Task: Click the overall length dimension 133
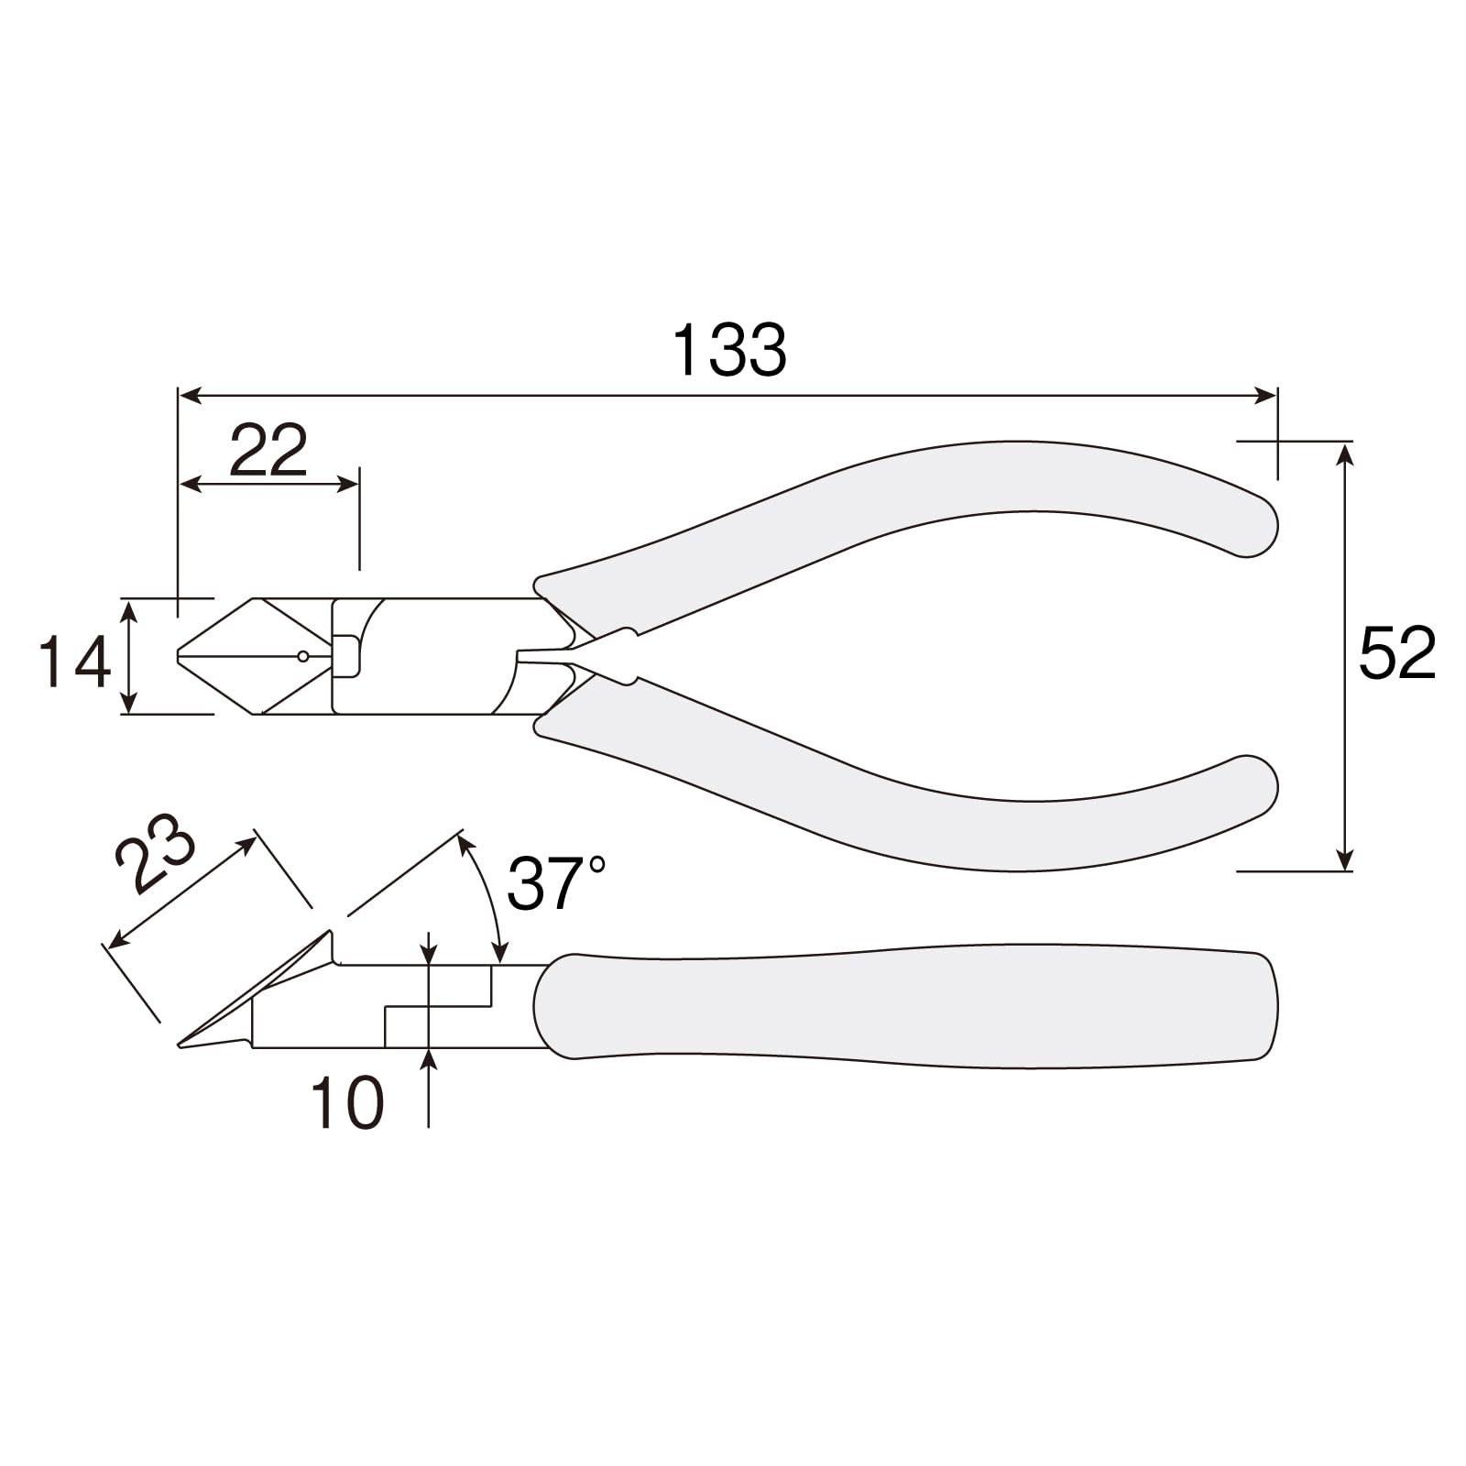click(x=729, y=350)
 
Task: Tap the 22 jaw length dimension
click(x=268, y=450)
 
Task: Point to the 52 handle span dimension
click(x=1396, y=653)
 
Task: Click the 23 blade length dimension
click(x=156, y=854)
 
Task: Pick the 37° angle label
click(x=556, y=883)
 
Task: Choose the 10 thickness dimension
click(x=347, y=1102)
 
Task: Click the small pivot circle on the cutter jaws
click(x=303, y=656)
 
